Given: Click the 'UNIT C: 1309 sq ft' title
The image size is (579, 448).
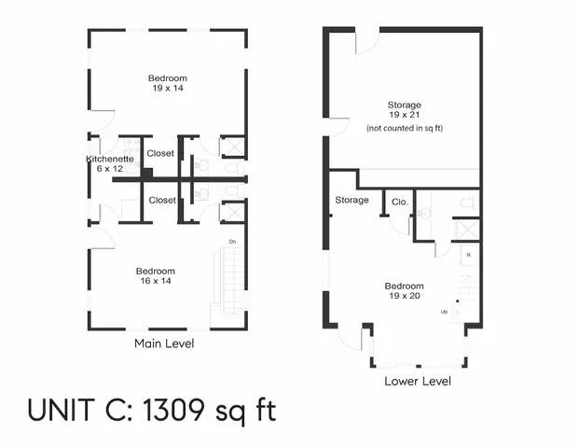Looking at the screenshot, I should point(151,410).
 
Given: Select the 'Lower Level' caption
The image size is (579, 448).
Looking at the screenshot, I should point(417,381).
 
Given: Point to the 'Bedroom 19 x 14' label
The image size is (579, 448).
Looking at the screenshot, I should point(167,83).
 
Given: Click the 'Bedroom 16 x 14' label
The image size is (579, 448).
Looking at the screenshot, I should point(155,276).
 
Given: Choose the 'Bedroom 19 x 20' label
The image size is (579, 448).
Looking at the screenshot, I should point(404,291).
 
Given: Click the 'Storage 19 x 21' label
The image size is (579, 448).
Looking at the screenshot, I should point(404,110).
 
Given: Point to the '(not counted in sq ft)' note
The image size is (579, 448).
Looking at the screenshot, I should point(404,128).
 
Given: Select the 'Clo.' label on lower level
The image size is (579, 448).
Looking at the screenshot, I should point(399,202).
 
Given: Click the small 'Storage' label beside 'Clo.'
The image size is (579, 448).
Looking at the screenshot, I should point(352,200).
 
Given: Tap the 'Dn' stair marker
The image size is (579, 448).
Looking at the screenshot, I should point(231,242).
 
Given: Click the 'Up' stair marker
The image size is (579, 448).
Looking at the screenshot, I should point(445,311).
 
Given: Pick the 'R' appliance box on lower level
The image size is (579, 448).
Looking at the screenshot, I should point(468,254).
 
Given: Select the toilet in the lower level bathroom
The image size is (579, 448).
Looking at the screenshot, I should point(467,202).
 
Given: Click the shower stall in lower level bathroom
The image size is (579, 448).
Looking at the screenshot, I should point(466,230).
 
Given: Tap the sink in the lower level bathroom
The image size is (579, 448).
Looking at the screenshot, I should point(424,213).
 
